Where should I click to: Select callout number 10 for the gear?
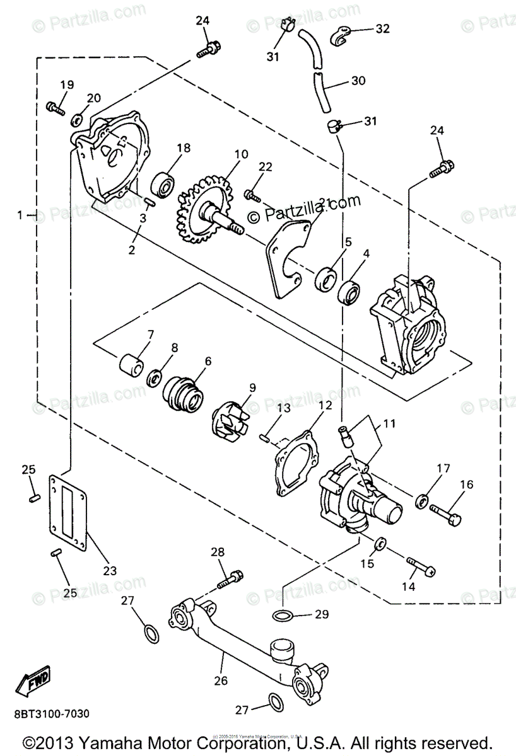pyautogui.click(x=224, y=153)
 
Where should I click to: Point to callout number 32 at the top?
pyautogui.click(x=382, y=28)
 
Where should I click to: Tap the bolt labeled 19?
pyautogui.click(x=56, y=108)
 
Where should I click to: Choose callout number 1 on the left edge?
pyautogui.click(x=21, y=215)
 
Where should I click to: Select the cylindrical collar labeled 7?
pyautogui.click(x=130, y=365)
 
